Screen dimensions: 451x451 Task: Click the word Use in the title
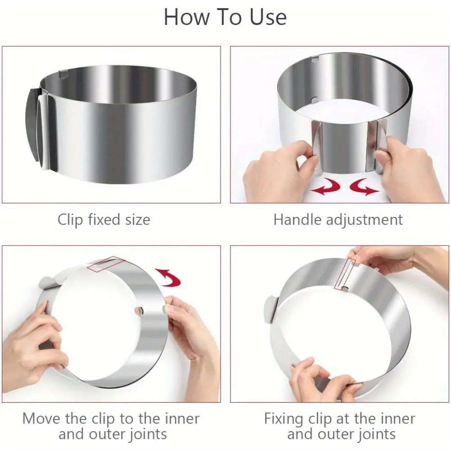tap(268, 17)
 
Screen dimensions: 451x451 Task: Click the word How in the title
tap(186, 17)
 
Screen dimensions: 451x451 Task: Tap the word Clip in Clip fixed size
tap(70, 220)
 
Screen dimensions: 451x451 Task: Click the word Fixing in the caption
tap(284, 419)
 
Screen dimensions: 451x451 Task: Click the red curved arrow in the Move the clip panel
tap(168, 277)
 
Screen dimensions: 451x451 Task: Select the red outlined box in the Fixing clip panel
tap(345, 273)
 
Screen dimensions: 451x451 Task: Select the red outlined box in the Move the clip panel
tap(106, 264)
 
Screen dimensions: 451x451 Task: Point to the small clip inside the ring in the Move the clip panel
tap(139, 310)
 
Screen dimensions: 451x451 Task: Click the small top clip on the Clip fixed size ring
tap(63, 74)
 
